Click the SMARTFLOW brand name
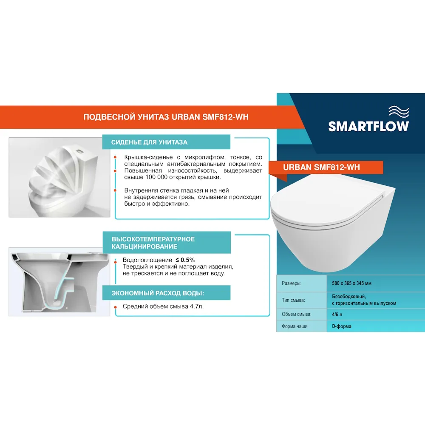(368, 126)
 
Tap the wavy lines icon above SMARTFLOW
(399, 112)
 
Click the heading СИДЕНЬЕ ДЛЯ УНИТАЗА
(149, 142)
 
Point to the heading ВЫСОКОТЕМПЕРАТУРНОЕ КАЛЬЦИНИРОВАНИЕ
(153, 243)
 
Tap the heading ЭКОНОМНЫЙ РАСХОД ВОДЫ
(158, 293)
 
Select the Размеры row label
(292, 283)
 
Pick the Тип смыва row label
(293, 300)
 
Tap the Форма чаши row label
(295, 326)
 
